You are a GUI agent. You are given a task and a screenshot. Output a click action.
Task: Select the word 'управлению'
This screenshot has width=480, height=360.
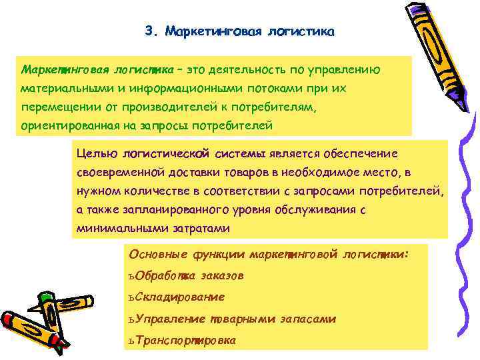click(346, 69)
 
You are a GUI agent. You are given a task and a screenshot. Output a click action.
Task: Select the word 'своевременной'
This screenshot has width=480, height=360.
click(121, 173)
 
